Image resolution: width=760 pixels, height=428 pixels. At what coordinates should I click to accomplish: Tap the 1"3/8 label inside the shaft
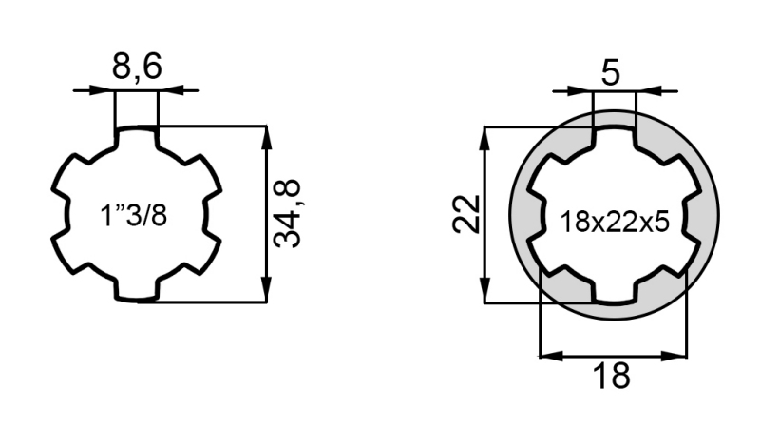point(134,215)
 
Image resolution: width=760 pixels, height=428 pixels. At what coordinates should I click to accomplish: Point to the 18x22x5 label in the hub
point(615,222)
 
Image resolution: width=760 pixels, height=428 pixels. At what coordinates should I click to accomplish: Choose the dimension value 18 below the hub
point(614,376)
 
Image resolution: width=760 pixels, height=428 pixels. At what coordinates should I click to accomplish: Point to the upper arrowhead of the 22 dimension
point(485,135)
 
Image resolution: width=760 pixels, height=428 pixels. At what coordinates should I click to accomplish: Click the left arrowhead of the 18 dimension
point(547,356)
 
